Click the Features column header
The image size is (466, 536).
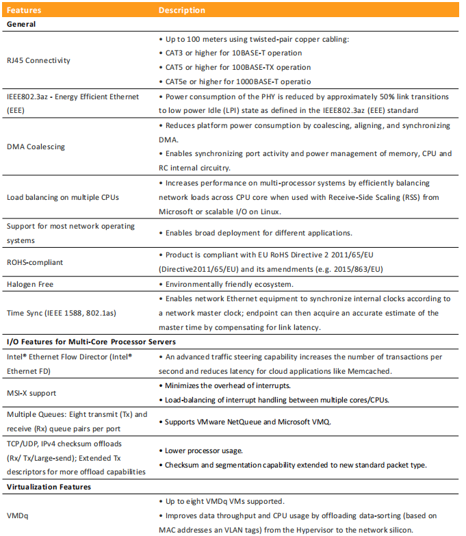(23, 10)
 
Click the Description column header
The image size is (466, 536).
(181, 10)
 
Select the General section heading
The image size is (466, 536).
(21, 24)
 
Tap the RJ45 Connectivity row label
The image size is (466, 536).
(38, 60)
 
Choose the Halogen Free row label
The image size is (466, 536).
(29, 283)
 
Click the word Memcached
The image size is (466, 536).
(367, 371)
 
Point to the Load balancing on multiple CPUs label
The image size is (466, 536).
(62, 197)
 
